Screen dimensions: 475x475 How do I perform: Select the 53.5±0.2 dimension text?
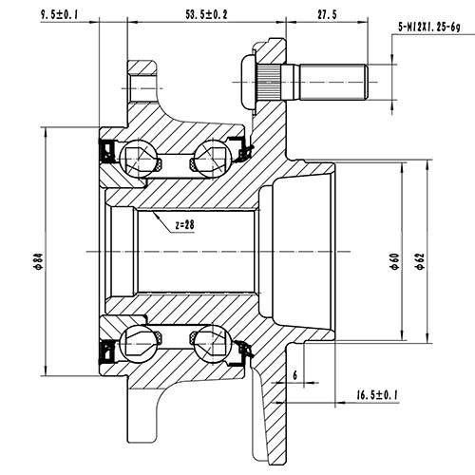click(206, 13)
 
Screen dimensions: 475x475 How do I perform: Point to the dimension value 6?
click(295, 375)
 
